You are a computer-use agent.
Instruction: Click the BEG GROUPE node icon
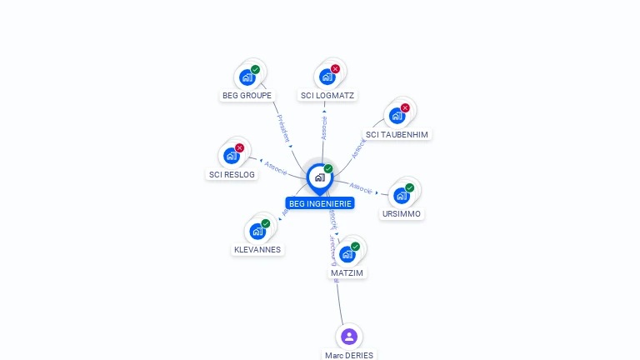coord(247,77)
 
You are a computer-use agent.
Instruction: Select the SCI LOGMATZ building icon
coord(327,77)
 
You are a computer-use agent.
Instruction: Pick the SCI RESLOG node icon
coord(232,156)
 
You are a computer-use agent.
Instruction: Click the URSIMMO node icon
coord(402,196)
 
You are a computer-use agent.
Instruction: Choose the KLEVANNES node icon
coord(257,231)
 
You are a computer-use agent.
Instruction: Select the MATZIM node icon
coord(347,254)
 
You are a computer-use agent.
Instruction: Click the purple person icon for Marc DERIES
coord(349,337)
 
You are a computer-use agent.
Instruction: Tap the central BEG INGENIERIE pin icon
coord(319,177)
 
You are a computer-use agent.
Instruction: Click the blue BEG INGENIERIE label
coord(320,203)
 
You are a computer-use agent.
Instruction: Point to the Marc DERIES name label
coord(350,355)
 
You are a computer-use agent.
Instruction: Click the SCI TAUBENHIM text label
coord(397,135)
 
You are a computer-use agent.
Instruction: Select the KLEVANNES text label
coord(257,250)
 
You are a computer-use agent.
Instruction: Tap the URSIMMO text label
coord(402,214)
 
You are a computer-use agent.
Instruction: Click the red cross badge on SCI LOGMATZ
coord(335,69)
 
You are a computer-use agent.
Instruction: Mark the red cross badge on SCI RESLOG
coord(239,148)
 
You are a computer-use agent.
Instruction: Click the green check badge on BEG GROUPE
coord(255,70)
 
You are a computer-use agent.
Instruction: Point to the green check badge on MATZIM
coord(355,247)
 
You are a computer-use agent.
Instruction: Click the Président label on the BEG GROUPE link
coord(283,129)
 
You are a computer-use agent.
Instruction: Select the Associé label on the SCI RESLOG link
coord(276,167)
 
